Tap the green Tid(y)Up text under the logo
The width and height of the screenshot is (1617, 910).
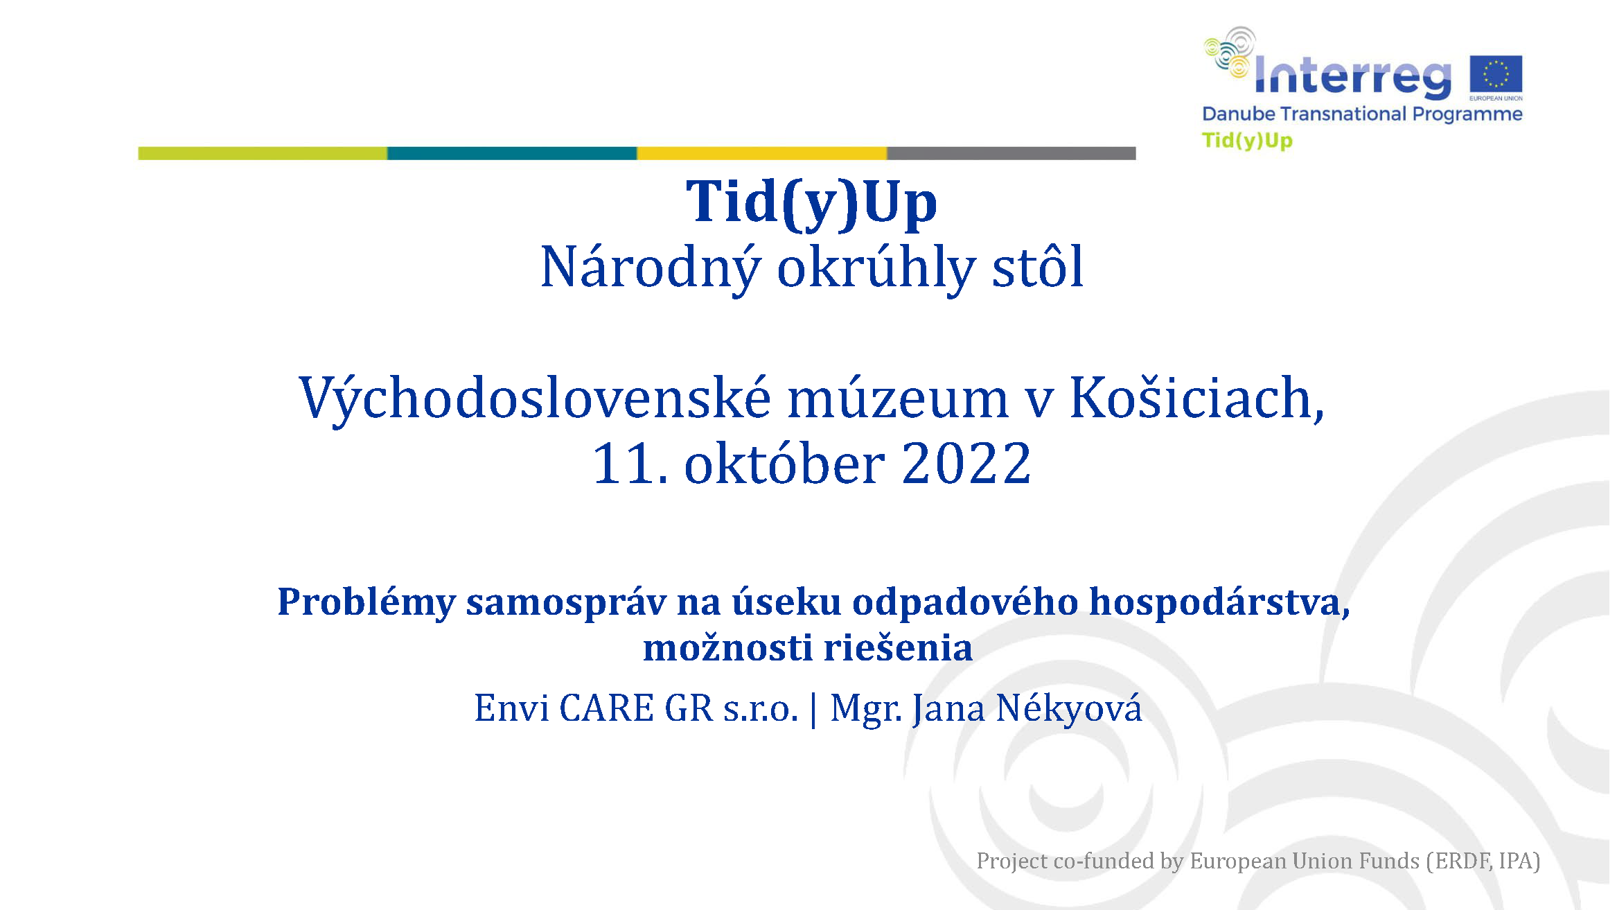(1247, 141)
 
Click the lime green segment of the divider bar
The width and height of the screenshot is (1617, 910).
(263, 153)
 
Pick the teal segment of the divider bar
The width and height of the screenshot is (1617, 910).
(512, 153)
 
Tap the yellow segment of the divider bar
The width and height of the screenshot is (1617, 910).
(762, 153)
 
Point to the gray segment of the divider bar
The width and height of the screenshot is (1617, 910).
(1011, 153)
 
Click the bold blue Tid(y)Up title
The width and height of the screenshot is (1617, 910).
(811, 204)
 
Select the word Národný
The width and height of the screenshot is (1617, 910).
(651, 269)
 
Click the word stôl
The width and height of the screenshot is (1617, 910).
(1038, 266)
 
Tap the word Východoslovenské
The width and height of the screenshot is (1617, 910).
(535, 400)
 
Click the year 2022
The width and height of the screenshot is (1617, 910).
(966, 464)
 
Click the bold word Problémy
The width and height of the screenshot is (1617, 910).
(366, 602)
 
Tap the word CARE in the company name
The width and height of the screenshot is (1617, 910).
(606, 708)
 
